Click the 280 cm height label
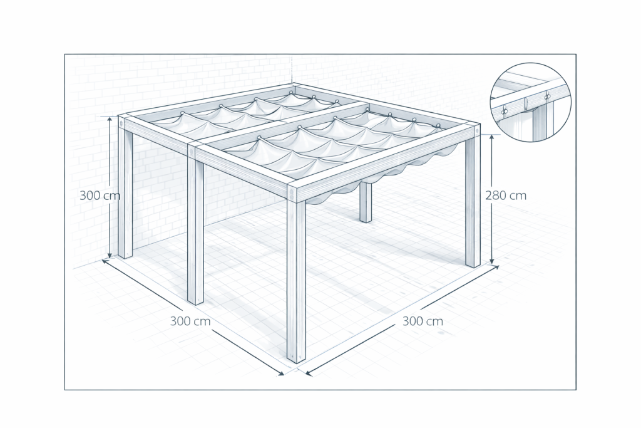[x=506, y=196]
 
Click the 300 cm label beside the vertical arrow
[x=100, y=196]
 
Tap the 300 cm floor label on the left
[x=190, y=321]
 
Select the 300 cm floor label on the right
[x=423, y=321]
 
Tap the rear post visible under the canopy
[x=366, y=202]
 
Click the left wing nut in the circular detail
[x=505, y=110]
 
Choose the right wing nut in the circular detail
[x=547, y=97]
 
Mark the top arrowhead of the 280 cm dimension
[x=492, y=138]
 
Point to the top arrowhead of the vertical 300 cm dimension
[x=110, y=120]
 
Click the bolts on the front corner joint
[x=292, y=194]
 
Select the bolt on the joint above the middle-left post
[x=192, y=153]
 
